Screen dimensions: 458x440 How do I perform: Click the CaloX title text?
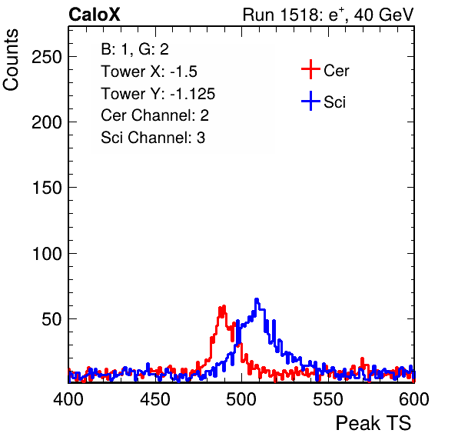coord(95,15)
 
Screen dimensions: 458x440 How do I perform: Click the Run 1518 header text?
coord(328,15)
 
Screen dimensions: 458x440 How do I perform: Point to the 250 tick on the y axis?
coord(46,57)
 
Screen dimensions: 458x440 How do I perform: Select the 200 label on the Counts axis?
coord(46,122)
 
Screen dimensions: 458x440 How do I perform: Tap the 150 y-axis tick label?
coord(46,188)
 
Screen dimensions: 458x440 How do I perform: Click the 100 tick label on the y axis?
coord(46,254)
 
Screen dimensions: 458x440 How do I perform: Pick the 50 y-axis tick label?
coord(51,319)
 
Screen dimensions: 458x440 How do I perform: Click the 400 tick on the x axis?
coord(68,399)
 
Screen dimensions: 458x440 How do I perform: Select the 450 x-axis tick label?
coord(154,399)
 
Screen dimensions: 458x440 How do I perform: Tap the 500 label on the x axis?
coord(241,399)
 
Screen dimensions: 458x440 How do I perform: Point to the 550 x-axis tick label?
coord(327,399)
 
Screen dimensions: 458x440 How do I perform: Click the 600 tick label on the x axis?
coord(414,399)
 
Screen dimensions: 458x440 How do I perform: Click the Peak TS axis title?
coord(373,423)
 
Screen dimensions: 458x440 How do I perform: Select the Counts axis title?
coord(11,60)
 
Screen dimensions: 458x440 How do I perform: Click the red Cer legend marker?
coord(310,69)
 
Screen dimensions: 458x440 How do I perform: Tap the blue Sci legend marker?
coord(310,101)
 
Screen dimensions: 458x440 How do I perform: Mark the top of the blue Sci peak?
coord(257,299)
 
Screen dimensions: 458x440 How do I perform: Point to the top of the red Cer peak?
coord(224,306)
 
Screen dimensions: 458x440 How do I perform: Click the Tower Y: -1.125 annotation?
coord(158,94)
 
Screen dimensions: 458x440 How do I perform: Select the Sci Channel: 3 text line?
coord(153,138)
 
